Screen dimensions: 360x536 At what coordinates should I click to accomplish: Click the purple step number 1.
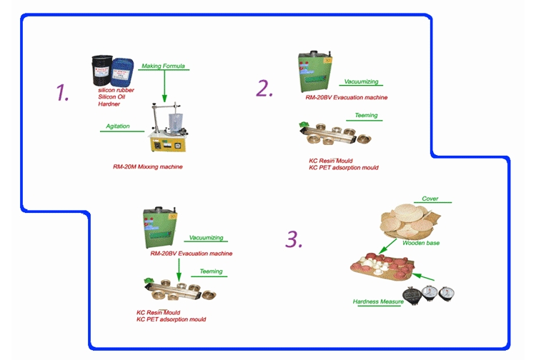pos(63,93)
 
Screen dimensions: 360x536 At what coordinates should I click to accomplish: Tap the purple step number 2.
pos(264,88)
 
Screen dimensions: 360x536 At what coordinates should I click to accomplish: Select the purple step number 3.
pos(294,239)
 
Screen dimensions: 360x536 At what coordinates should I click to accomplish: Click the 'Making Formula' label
pos(163,66)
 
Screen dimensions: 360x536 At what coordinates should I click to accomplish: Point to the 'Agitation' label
pos(118,126)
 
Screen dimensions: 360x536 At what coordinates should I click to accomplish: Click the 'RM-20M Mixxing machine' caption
pos(148,166)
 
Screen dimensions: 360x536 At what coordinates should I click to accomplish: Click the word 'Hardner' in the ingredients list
pos(110,104)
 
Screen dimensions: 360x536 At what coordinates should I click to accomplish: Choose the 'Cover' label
pos(430,199)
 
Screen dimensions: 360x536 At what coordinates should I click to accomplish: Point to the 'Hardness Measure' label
pos(378,301)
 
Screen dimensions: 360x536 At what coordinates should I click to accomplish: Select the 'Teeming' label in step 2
pos(367,115)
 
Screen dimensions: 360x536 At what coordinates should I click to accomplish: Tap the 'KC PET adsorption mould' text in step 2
pos(343,167)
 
